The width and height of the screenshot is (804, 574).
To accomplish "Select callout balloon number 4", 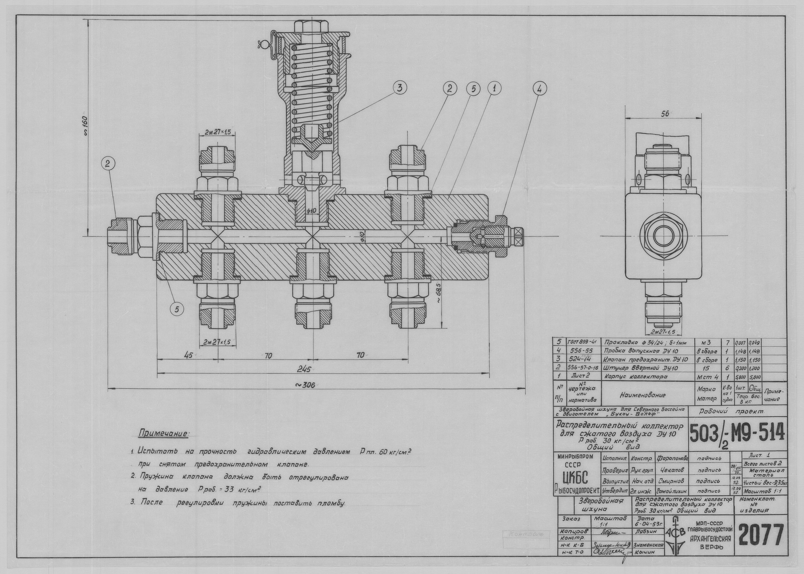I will (x=539, y=89).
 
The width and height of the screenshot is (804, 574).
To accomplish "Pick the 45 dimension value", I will (x=188, y=355).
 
